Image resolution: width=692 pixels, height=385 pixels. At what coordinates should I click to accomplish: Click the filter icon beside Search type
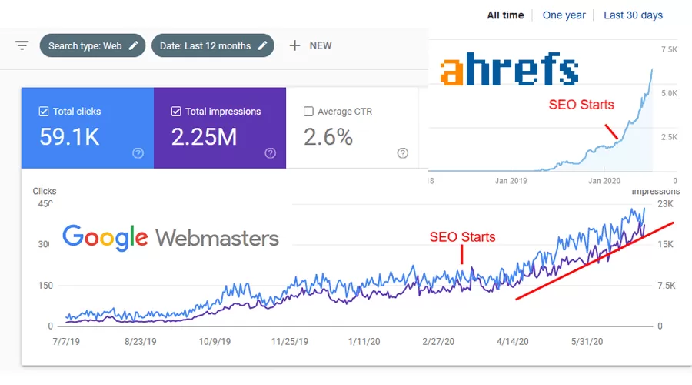coord(22,45)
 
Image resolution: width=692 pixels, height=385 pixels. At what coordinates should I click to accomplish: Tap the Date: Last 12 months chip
coord(213,45)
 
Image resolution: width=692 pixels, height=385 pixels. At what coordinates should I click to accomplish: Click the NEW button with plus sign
coord(311,45)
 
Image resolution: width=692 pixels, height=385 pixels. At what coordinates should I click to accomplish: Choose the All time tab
coord(505,15)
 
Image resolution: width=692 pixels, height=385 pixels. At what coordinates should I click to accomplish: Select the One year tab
coord(564,15)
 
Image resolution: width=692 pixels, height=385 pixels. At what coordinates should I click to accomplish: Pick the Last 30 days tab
coord(633,15)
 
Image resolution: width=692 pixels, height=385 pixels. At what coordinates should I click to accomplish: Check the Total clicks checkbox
coord(44,112)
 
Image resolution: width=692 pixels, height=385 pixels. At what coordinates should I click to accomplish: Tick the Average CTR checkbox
coord(308,112)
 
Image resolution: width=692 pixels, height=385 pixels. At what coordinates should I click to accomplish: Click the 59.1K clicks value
coord(69,137)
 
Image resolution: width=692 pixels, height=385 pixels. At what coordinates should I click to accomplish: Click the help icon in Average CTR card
coord(402,153)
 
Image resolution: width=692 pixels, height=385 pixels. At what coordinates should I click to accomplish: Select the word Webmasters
coord(217,237)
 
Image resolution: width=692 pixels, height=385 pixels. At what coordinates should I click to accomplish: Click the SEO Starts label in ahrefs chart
coord(581,105)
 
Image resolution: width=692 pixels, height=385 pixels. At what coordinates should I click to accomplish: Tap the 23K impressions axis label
coord(665,204)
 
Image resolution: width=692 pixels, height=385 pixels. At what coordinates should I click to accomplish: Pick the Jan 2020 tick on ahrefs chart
coord(604,181)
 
